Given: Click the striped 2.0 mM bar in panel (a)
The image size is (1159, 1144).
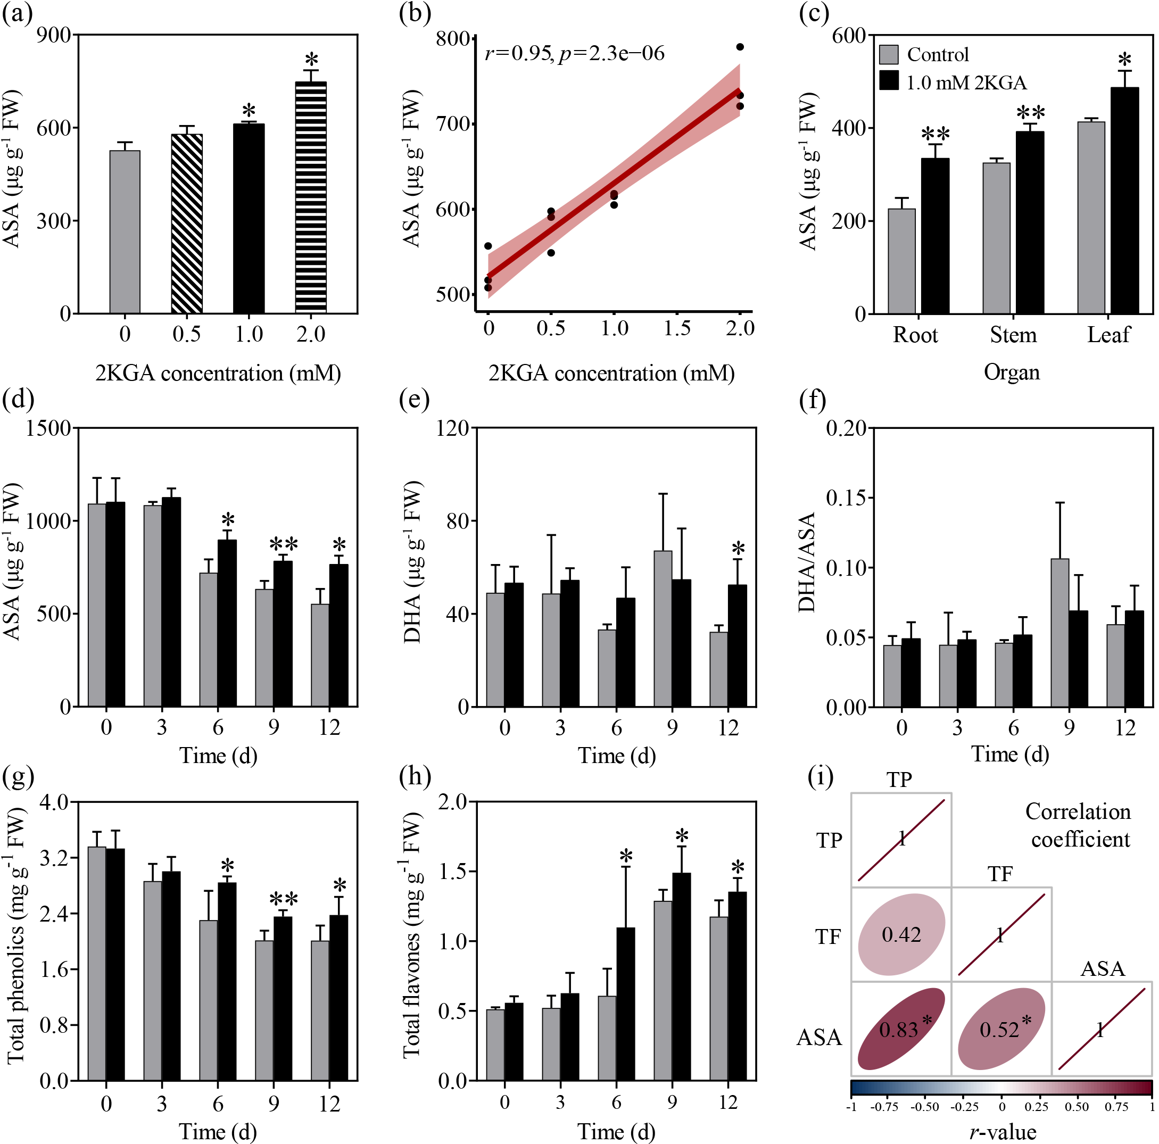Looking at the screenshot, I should point(311,197).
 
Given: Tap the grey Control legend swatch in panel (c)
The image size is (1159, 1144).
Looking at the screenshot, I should point(889,55).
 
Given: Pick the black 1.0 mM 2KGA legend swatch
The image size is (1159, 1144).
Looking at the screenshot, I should point(889,81).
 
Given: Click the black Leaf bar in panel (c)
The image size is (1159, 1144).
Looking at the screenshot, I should point(1124,201).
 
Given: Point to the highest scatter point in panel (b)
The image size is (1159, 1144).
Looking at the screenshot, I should point(740,47).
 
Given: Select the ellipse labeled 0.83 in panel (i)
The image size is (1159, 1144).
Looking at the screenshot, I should point(901,1029).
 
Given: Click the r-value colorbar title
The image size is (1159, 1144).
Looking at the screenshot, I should point(1003,1131).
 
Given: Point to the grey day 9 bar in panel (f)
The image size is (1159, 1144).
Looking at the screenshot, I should point(1059,632).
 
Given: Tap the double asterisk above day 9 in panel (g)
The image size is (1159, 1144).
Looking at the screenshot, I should point(283,899).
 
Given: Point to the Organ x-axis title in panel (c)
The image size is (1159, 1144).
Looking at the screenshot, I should point(1012,372).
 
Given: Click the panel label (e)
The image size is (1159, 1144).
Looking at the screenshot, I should point(415,400).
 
